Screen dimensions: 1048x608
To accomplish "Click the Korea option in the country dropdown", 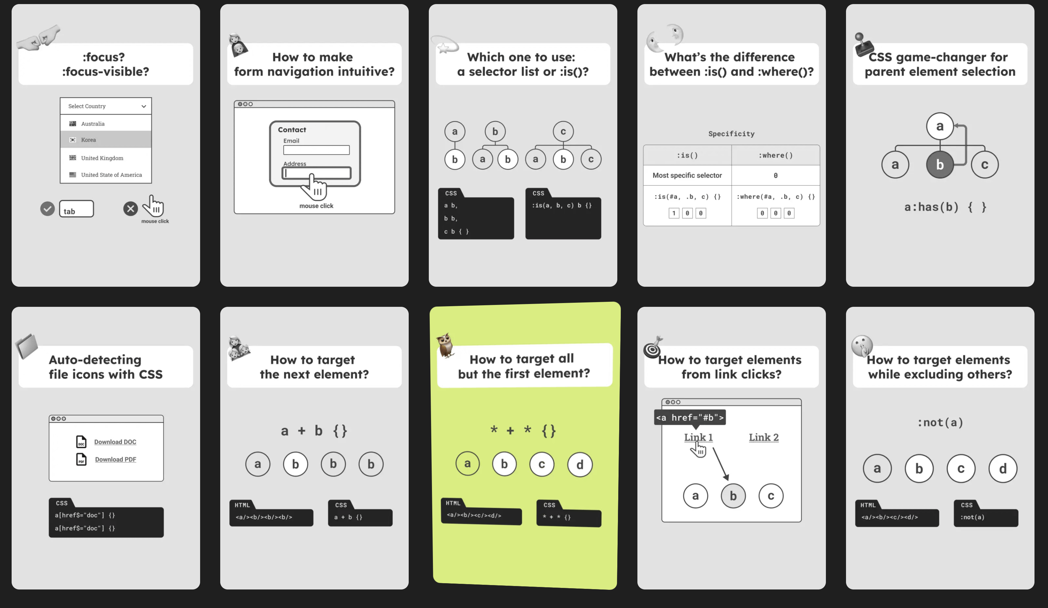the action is pos(106,140).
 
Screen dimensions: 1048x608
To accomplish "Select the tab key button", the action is pos(77,209).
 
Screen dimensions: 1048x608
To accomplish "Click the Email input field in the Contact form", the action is pos(316,150).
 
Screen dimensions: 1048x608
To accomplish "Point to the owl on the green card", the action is pos(445,345).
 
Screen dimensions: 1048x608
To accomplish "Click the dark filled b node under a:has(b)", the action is pos(940,165).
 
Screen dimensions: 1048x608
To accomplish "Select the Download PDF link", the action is pos(116,459).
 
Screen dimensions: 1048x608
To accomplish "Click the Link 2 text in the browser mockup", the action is pos(764,437).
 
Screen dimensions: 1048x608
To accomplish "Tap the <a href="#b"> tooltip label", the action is pos(690,418).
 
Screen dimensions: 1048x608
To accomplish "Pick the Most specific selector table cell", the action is pos(687,176).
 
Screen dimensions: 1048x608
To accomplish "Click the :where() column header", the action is pos(776,155).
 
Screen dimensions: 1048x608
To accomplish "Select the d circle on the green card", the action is pos(580,464).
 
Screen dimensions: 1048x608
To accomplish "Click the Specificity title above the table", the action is pos(732,134).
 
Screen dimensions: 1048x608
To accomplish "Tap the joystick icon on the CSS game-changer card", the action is pos(863,45).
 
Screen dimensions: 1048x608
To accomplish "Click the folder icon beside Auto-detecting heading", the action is pos(27,346).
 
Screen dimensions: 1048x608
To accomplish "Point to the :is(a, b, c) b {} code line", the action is pos(562,205).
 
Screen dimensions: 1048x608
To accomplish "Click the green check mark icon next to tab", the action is pos(47,208).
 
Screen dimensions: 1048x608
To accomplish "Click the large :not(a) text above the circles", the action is pos(940,422).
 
